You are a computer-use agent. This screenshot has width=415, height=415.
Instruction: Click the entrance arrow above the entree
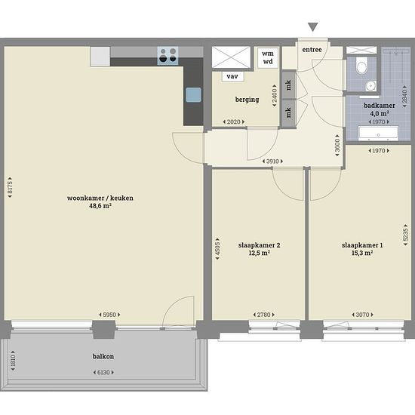313,27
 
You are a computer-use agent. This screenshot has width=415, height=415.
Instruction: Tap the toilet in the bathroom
361,66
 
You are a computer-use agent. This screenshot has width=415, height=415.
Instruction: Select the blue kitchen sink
193,95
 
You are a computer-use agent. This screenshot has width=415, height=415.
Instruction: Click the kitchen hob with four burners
168,56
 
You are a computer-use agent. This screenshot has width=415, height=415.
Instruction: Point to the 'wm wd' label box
268,57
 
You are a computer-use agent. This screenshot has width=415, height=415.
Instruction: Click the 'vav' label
232,76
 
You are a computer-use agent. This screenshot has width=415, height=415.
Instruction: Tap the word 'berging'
247,100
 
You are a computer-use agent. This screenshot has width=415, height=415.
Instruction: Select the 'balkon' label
103,356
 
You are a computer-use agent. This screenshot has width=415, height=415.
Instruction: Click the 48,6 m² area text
100,206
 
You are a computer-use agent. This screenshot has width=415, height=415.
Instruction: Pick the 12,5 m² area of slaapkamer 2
259,253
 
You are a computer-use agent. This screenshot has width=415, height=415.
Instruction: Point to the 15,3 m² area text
362,253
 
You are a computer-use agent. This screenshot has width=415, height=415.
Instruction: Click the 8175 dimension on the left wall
10,187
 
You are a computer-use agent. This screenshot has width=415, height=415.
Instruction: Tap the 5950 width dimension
109,315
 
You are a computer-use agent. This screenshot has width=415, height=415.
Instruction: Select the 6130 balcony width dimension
103,373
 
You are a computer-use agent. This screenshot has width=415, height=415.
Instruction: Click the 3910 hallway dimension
272,161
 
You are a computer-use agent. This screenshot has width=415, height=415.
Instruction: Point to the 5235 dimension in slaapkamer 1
405,235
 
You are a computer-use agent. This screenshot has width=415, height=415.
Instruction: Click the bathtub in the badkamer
378,134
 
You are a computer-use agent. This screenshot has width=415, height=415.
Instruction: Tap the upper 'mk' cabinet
289,85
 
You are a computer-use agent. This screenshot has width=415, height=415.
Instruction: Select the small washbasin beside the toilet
370,86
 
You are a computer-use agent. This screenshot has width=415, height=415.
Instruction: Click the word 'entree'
312,50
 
